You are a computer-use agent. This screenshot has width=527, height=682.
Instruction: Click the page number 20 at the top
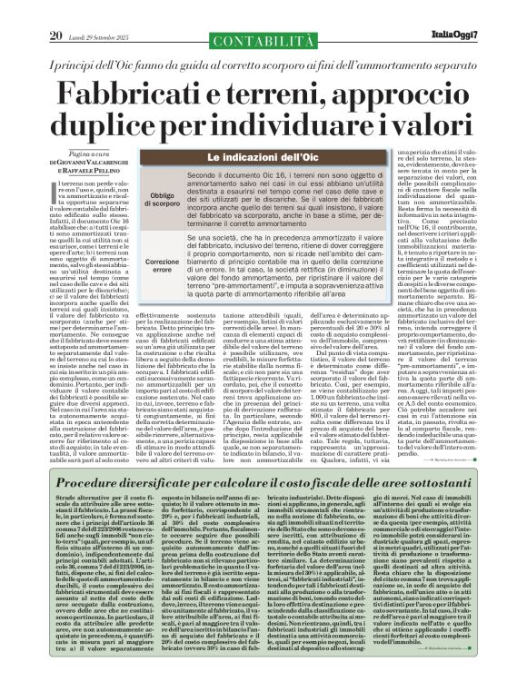[x=55, y=11]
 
